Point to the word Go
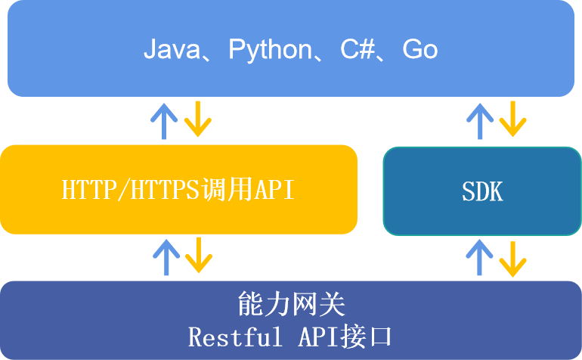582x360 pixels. (x=420, y=49)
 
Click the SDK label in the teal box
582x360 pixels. (x=482, y=191)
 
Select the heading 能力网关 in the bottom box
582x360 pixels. (x=291, y=304)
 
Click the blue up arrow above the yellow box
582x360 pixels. (x=164, y=121)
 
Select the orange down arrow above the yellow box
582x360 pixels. (x=198, y=119)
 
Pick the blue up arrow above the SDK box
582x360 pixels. (x=479, y=121)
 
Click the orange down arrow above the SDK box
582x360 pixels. (x=513, y=119)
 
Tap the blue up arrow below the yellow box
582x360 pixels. (x=166, y=257)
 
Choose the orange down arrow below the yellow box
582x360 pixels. (x=199, y=255)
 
